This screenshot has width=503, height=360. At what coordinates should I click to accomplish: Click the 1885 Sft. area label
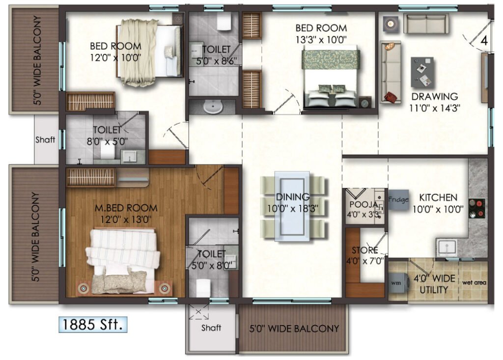(93, 324)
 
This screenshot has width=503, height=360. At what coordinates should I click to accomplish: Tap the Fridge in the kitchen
(399, 199)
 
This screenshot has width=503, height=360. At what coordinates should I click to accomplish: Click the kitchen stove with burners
(476, 208)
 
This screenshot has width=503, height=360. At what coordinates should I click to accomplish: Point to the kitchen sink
(447, 248)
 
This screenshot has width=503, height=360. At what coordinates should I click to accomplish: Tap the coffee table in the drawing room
(422, 72)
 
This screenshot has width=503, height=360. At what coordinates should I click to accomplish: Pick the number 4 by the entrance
(484, 40)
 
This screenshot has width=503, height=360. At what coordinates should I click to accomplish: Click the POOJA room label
(363, 204)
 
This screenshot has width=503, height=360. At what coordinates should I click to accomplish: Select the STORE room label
(364, 250)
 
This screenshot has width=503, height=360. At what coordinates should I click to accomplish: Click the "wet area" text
(474, 283)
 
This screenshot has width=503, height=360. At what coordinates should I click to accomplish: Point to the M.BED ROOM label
(126, 208)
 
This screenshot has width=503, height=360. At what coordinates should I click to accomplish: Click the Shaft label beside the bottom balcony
(211, 328)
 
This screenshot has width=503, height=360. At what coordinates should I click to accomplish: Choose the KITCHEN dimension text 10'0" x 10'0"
(438, 209)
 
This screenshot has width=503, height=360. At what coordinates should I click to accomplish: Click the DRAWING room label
(435, 96)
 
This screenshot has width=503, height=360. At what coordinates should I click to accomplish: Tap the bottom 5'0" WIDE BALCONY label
(294, 329)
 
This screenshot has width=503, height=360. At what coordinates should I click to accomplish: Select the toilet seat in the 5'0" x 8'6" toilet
(224, 22)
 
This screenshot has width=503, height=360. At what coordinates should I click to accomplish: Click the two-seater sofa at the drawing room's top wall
(426, 23)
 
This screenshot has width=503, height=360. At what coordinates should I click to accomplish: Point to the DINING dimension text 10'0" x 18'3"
(293, 209)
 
